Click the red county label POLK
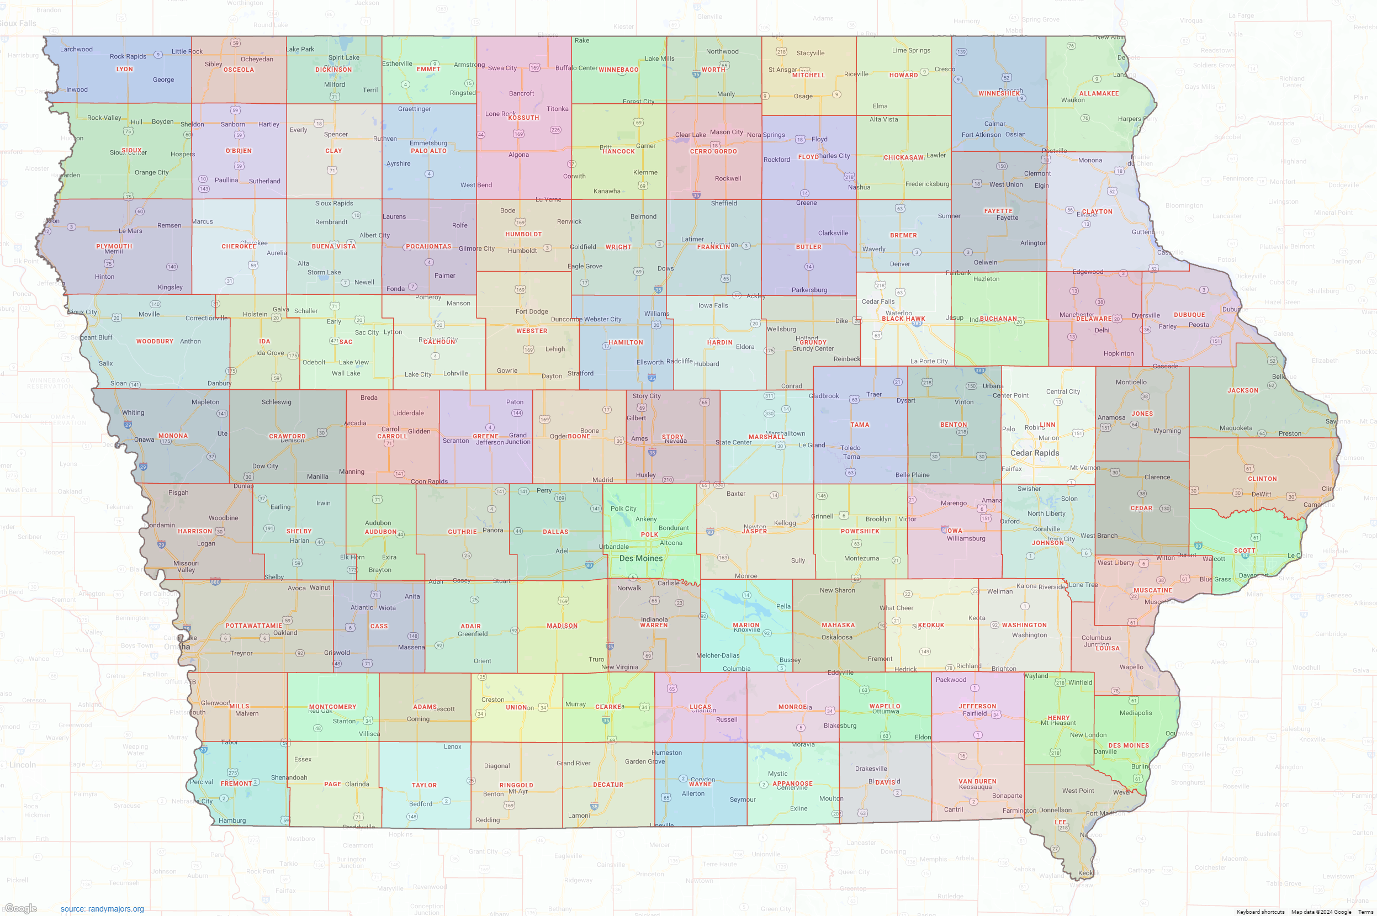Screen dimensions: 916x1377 (x=649, y=534)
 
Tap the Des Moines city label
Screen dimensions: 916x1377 (x=641, y=558)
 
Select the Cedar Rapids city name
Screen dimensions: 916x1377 (x=1035, y=453)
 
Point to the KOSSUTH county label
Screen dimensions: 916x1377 (x=523, y=118)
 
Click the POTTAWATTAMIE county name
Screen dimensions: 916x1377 (x=253, y=626)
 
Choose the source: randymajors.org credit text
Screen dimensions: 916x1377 (x=102, y=909)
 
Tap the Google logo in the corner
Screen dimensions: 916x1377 (x=21, y=908)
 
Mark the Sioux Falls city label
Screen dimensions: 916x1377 (x=18, y=23)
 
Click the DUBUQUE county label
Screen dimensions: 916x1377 (x=1189, y=315)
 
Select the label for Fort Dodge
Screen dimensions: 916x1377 (x=532, y=311)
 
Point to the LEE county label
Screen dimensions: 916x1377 (x=1060, y=822)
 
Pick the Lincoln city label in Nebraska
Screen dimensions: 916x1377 (x=23, y=765)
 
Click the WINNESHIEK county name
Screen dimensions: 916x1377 (x=999, y=93)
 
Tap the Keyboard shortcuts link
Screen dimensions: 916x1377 (x=1260, y=912)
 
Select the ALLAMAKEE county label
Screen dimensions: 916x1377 (x=1099, y=93)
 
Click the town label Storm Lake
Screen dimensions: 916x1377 (x=324, y=272)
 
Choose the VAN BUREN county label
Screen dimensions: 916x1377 (x=977, y=781)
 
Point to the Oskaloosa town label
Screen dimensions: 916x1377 (x=836, y=637)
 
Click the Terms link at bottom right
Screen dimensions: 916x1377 (x=1365, y=912)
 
